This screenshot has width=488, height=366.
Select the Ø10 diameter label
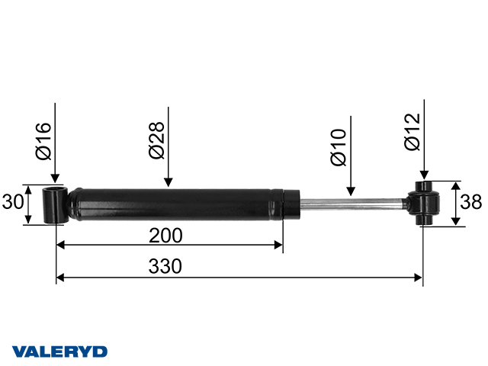coord(339,149)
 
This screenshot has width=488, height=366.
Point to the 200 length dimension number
coord(166,235)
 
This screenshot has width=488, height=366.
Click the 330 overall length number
coord(166,267)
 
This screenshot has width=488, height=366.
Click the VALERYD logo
coord(59,352)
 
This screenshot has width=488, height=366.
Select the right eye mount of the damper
coord(424,204)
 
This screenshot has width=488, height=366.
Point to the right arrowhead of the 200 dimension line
coord(278,246)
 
